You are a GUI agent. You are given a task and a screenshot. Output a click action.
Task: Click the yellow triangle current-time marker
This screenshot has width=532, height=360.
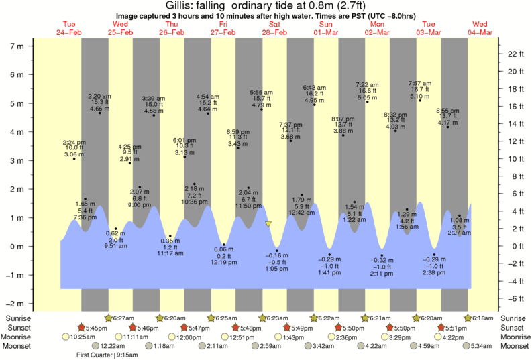268,223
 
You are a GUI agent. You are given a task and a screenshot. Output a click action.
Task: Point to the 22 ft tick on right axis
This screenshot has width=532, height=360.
511,53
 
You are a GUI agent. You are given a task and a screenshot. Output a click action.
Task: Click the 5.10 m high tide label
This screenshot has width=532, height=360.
420,96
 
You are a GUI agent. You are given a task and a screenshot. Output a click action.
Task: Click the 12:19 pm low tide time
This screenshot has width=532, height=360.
224,263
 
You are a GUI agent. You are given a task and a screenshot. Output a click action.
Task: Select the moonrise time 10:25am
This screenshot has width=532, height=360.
83,337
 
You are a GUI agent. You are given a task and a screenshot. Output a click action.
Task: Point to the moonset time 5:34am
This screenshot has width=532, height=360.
482,346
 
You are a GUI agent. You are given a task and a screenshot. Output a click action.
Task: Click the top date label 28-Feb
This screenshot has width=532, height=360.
274,32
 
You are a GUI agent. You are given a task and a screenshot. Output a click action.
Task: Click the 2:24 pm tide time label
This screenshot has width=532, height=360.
74,142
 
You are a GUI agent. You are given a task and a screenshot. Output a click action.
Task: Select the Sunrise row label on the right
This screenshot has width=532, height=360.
514,318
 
